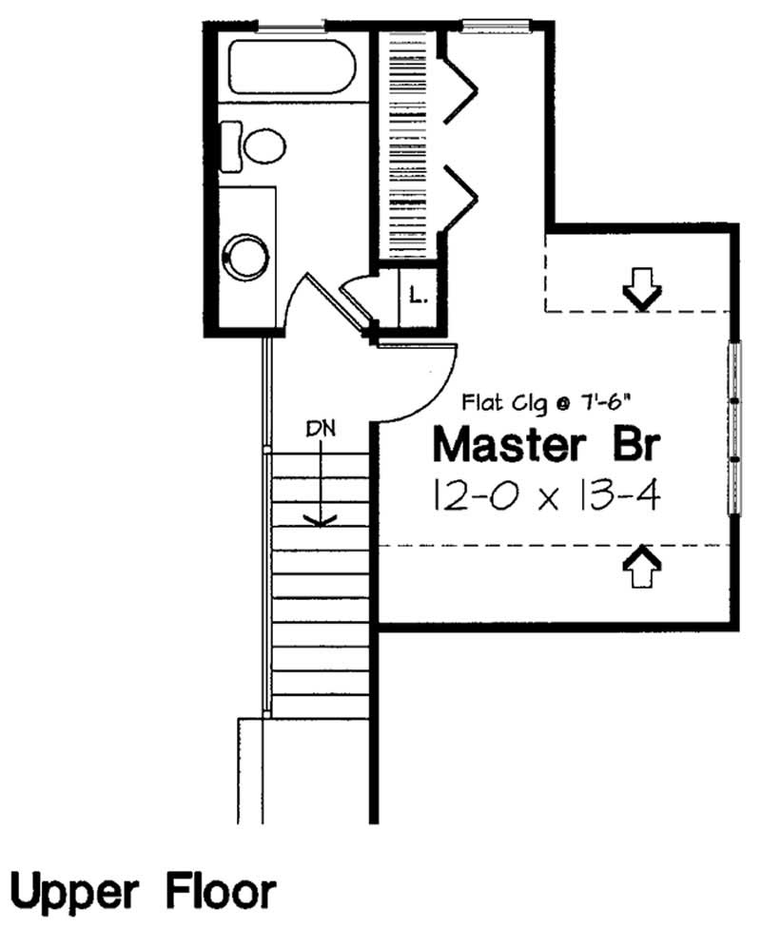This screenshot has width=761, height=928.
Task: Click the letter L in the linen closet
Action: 417,296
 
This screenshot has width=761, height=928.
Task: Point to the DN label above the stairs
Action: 321,429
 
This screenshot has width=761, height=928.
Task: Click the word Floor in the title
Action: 222,894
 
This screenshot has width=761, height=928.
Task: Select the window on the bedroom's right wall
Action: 734,428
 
